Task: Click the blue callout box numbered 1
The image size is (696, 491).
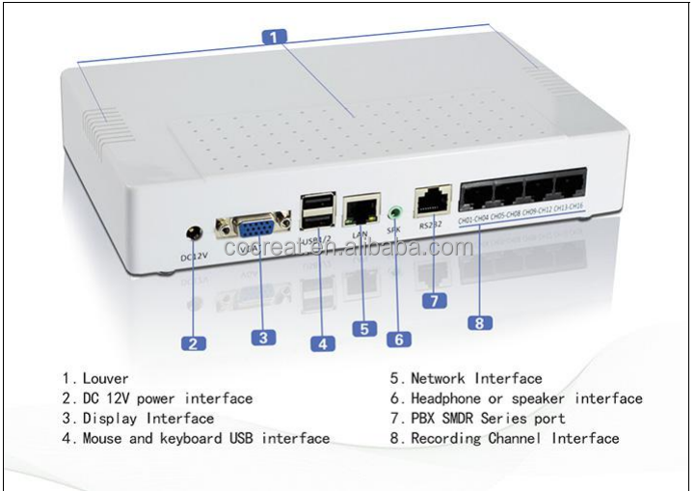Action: (276, 38)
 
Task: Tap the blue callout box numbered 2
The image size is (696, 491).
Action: (193, 342)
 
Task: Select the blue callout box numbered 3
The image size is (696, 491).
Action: (263, 337)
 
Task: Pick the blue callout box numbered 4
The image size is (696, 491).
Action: (321, 341)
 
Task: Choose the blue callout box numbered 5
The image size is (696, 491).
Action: (363, 328)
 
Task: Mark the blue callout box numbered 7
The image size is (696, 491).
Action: (435, 300)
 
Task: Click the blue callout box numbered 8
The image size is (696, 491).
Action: (479, 322)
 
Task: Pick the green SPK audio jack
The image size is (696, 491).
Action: (394, 211)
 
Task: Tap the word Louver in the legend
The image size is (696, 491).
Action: (105, 379)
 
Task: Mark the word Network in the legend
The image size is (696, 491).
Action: (438, 379)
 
